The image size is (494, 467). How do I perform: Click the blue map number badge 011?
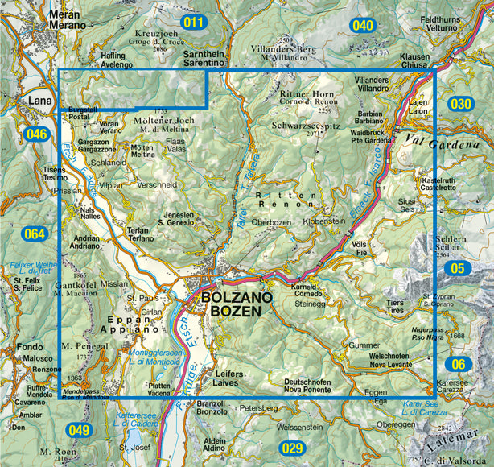tap(193, 23)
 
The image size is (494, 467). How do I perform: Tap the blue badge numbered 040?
tap(363, 26)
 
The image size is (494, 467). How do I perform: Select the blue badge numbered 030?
tap(461, 104)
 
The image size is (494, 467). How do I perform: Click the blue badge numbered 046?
tap(36, 134)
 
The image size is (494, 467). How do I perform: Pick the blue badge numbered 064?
tap(35, 235)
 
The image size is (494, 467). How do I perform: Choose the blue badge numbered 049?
tap(78, 430)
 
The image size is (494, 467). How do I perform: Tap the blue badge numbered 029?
tap(291, 448)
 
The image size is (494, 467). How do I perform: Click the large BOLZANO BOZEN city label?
tap(232, 304)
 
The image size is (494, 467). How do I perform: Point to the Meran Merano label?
tap(67, 20)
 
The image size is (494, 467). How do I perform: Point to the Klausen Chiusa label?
tap(415, 63)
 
